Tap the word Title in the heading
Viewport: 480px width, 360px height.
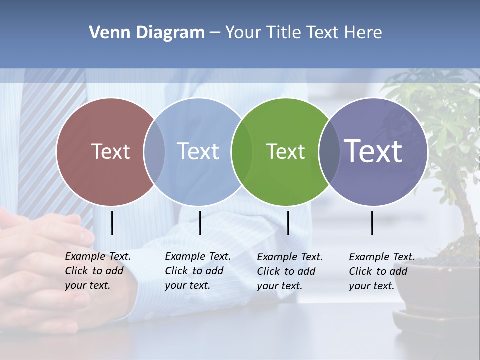(x=283, y=33)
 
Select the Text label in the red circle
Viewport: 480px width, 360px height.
(x=110, y=151)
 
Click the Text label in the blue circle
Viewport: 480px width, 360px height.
(x=198, y=151)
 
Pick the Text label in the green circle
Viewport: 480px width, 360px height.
(x=285, y=151)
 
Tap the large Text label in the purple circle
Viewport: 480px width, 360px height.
(x=373, y=151)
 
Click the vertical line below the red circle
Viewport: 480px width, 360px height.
(x=112, y=223)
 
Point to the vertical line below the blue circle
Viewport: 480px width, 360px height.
(x=200, y=223)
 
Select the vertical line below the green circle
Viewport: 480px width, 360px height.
(x=288, y=223)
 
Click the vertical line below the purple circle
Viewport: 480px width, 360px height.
(x=372, y=223)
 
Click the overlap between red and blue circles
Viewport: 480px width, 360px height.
(x=154, y=151)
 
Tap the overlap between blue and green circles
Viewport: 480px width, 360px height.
(x=242, y=151)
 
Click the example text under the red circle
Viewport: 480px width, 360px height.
(x=97, y=271)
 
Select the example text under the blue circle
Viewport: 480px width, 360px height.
(x=197, y=271)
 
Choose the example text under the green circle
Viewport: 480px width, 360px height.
(x=289, y=271)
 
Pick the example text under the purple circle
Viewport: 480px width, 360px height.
(x=381, y=271)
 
